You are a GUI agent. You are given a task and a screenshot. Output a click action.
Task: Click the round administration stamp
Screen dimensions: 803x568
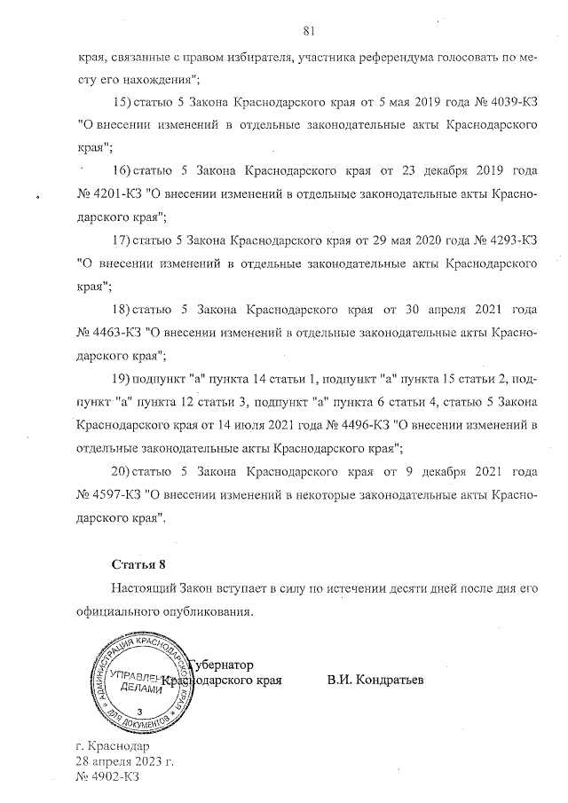138,682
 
